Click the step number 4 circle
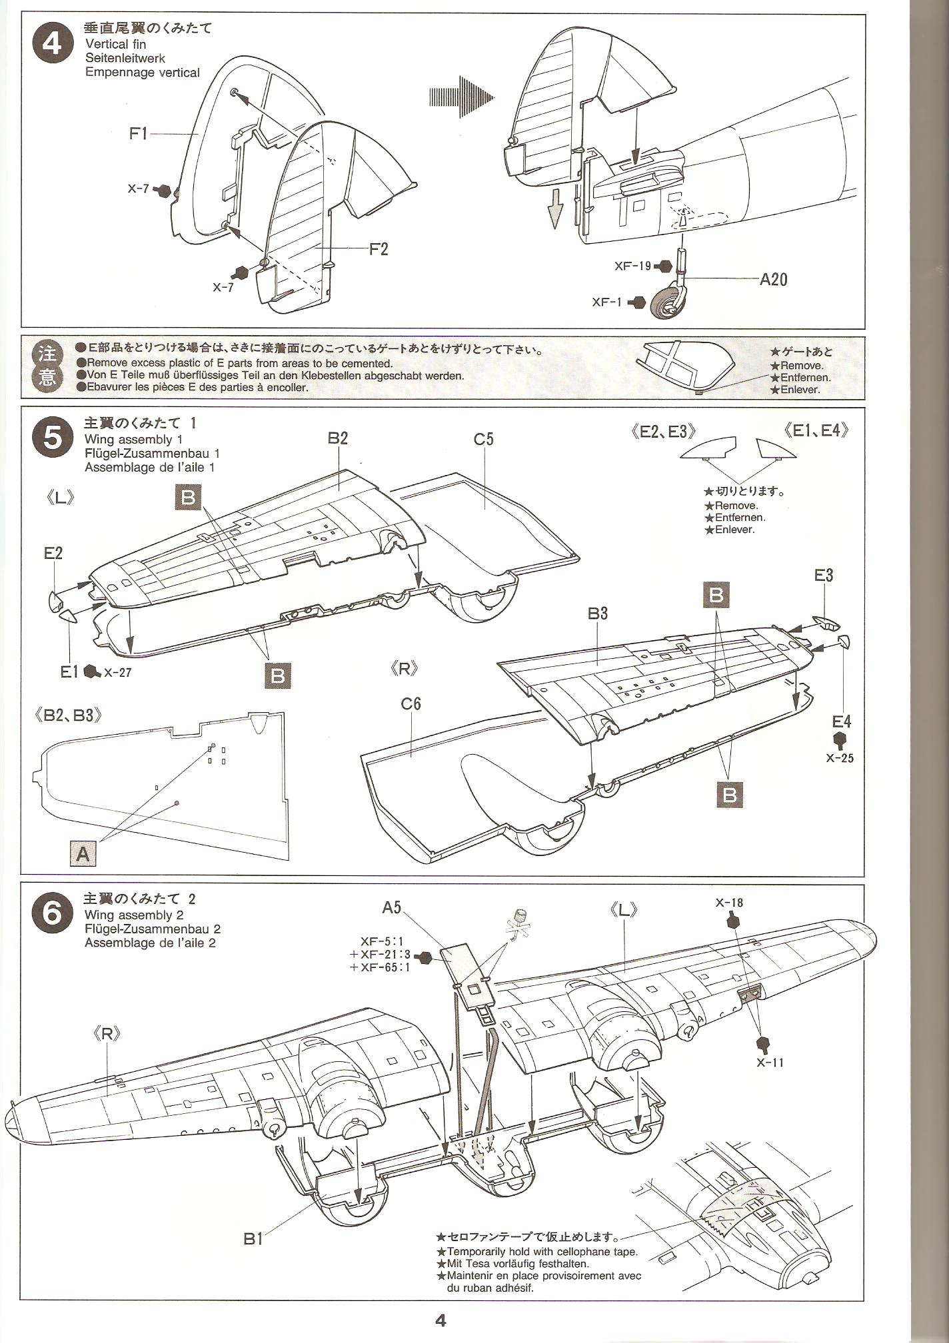[51, 45]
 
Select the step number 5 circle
[51, 438]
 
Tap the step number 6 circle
[51, 913]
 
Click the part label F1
[138, 134]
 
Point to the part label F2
[379, 249]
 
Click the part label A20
[773, 279]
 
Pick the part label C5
[484, 440]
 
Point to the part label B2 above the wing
[338, 438]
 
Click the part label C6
[411, 704]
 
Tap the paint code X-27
[117, 673]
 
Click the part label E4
[842, 721]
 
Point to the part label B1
[253, 1239]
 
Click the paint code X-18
[729, 903]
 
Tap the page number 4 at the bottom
[440, 1320]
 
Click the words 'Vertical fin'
[115, 44]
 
